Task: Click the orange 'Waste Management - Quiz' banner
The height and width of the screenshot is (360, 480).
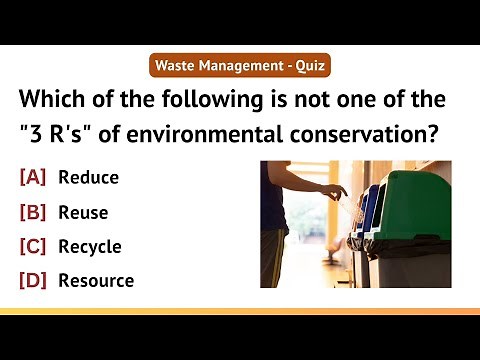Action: tap(239, 67)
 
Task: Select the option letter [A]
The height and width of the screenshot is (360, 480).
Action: tap(33, 178)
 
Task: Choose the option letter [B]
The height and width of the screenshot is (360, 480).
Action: tap(33, 212)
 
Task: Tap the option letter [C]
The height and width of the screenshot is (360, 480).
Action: tap(33, 246)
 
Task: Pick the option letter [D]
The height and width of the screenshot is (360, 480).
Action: tap(33, 280)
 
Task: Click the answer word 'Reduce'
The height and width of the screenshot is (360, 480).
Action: tap(88, 178)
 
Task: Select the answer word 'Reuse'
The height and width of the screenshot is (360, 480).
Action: tap(83, 212)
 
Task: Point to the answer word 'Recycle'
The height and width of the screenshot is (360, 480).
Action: tap(90, 246)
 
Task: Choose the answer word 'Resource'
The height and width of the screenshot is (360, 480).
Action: tap(96, 280)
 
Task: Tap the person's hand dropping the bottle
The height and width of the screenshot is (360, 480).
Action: tap(335, 190)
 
